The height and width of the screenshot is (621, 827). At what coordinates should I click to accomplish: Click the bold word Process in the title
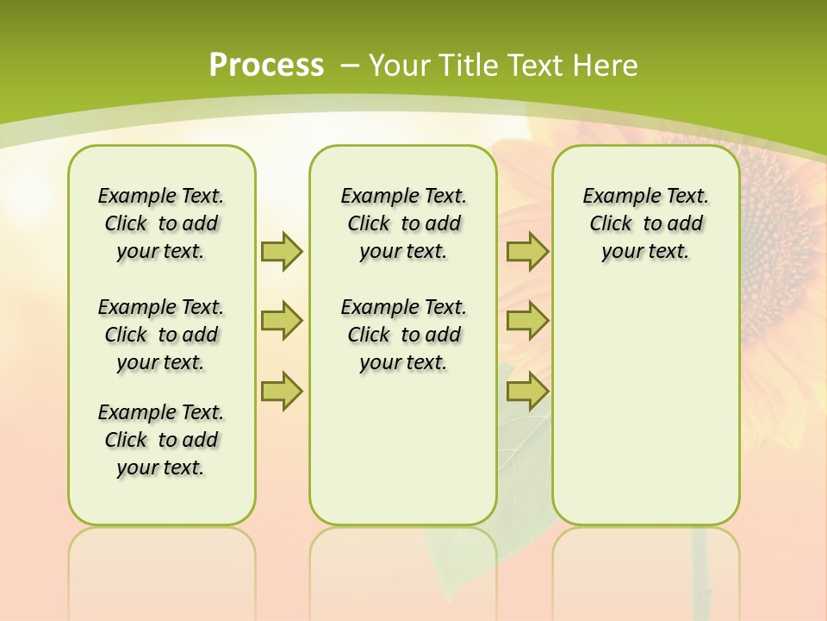pyautogui.click(x=266, y=66)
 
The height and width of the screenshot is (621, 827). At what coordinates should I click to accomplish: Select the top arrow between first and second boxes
pyautogui.click(x=282, y=251)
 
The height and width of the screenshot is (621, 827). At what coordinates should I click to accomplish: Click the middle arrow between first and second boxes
pyautogui.click(x=282, y=321)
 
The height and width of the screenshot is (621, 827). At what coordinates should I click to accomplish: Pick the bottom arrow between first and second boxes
pyautogui.click(x=282, y=391)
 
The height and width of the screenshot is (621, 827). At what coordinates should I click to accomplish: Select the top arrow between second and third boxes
pyautogui.click(x=527, y=251)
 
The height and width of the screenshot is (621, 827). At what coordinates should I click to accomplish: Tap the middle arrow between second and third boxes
pyautogui.click(x=527, y=321)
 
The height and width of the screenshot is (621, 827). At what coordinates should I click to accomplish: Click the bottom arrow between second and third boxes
pyautogui.click(x=527, y=391)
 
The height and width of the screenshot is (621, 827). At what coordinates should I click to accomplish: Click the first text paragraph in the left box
pyautogui.click(x=161, y=223)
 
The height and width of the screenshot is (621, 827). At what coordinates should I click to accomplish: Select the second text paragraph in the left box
pyautogui.click(x=161, y=335)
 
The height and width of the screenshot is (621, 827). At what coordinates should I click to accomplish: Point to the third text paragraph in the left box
pyautogui.click(x=161, y=440)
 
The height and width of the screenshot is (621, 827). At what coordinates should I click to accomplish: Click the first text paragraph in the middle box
pyautogui.click(x=403, y=223)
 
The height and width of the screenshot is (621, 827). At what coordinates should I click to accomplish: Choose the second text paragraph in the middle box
pyautogui.click(x=403, y=335)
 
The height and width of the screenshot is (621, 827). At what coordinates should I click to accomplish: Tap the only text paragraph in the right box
pyautogui.click(x=645, y=223)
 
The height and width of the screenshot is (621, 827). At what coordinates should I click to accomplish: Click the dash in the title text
pyautogui.click(x=350, y=66)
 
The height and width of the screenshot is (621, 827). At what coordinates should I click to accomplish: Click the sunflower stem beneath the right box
pyautogui.click(x=702, y=569)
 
